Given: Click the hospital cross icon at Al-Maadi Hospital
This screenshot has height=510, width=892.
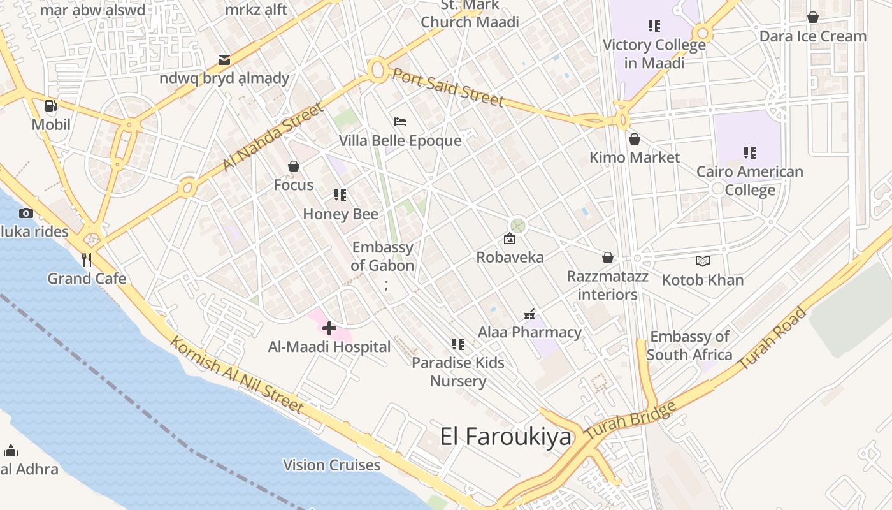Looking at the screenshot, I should [329, 328].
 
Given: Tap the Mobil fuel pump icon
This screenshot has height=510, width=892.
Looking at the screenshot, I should [50, 106].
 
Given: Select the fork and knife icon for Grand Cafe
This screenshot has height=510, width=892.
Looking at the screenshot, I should [87, 260].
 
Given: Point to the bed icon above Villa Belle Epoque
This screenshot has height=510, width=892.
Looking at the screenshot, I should [400, 122].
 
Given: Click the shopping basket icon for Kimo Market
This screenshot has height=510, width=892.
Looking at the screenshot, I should [635, 139].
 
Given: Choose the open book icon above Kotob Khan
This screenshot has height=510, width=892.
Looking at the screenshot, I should [703, 261].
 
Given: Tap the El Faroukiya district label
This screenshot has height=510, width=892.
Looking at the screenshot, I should [506, 437].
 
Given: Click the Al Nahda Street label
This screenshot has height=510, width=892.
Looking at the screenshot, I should [273, 138].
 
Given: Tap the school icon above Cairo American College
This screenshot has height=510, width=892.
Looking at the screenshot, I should [750, 153].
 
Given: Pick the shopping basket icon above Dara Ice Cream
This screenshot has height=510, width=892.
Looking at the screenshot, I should [813, 17].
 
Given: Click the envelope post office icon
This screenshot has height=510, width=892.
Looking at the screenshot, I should [224, 60].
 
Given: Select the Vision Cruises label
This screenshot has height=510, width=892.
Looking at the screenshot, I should [331, 465].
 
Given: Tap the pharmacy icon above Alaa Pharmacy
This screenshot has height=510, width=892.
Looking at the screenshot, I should [529, 314].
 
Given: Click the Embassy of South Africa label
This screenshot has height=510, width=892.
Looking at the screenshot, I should [689, 346].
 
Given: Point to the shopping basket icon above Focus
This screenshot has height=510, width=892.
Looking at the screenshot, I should [294, 166].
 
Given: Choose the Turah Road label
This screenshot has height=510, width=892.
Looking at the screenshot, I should [773, 339].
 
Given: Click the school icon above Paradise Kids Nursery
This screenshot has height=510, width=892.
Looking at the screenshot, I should [457, 344].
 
